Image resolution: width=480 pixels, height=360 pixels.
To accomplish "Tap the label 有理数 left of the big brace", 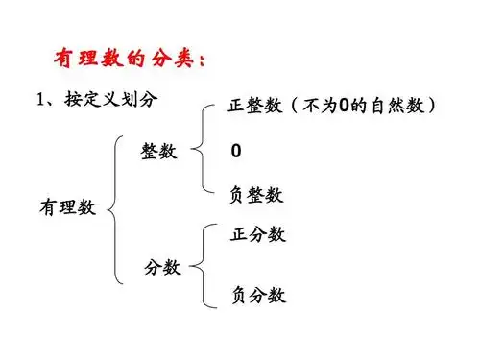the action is tap(67, 207).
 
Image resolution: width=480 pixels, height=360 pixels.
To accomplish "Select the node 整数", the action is tap(160, 152).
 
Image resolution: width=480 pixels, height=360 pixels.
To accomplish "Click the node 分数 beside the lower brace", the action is tap(162, 267).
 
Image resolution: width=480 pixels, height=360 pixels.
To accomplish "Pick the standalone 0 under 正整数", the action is tap(236, 152).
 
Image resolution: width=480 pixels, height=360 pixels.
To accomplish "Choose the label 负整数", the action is tap(256, 195).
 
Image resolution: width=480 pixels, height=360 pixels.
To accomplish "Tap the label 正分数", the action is tap(258, 234).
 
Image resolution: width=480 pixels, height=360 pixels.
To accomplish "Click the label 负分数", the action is tap(258, 295).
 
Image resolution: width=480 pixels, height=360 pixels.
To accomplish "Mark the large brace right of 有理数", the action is tap(118, 208).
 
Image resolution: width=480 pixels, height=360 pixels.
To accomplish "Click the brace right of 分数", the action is tap(203, 265).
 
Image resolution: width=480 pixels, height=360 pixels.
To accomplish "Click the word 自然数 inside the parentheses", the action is tap(399, 106).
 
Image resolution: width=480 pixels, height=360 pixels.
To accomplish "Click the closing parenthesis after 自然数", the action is tap(433, 106).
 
